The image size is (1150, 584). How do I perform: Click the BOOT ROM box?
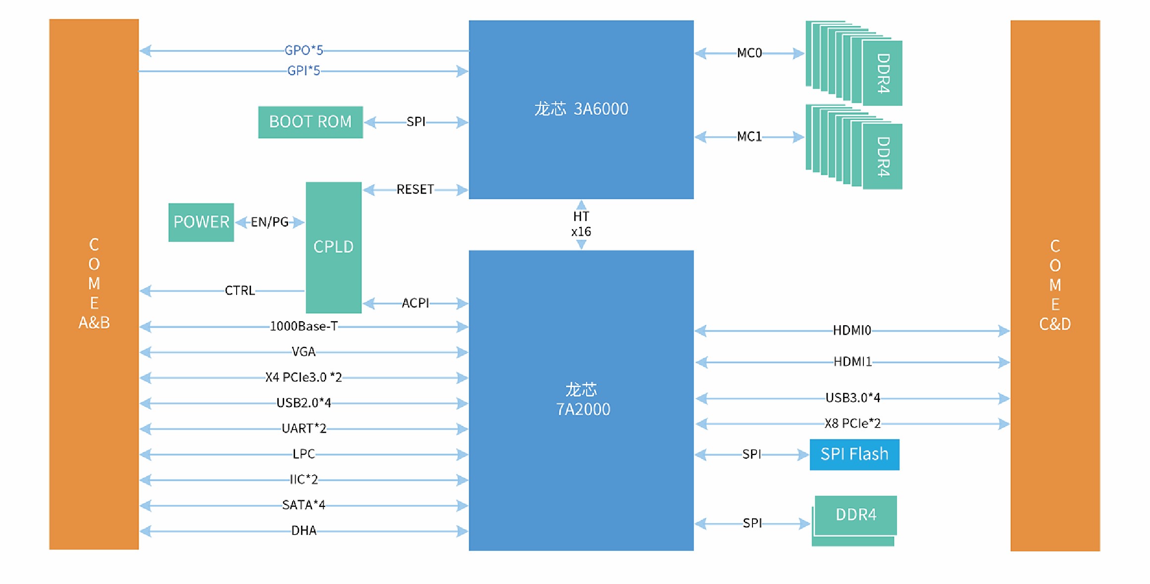tap(310, 122)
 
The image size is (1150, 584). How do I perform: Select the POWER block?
tap(201, 222)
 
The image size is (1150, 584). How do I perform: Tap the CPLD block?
tap(334, 247)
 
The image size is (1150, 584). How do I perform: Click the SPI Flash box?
tap(854, 454)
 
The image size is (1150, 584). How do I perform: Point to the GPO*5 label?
tap(303, 50)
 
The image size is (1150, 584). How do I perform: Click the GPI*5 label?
tap(303, 71)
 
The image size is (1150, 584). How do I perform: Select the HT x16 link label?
tap(581, 224)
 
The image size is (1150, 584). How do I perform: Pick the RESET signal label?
tap(415, 190)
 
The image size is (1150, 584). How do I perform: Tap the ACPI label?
tap(415, 303)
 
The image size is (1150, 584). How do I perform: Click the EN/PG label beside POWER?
tap(269, 222)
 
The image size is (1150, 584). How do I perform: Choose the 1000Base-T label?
tap(303, 327)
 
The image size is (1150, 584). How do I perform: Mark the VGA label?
tap(303, 352)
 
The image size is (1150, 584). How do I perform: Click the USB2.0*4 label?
tap(303, 403)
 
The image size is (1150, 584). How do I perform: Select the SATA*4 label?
tap(303, 505)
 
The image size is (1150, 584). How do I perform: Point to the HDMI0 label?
tap(851, 330)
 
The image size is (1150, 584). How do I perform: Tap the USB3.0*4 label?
tap(852, 398)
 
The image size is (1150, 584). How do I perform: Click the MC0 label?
tap(749, 53)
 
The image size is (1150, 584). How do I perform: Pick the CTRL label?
tap(240, 291)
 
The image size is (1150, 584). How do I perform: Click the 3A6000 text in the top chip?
tap(600, 109)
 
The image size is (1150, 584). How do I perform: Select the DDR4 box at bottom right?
tap(855, 515)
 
